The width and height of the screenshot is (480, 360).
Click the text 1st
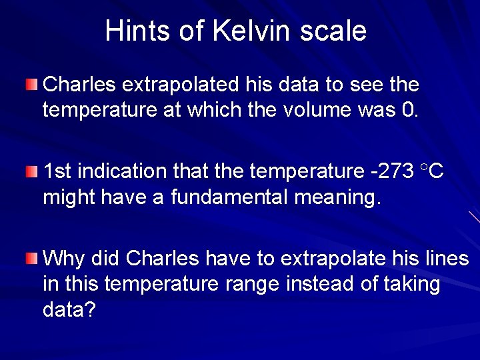pos(58,172)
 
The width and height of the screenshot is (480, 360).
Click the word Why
pos(63,259)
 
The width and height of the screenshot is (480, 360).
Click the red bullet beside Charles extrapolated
pos(32,85)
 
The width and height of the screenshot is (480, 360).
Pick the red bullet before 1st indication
pos(32,172)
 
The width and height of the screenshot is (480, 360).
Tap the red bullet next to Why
pos(32,259)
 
